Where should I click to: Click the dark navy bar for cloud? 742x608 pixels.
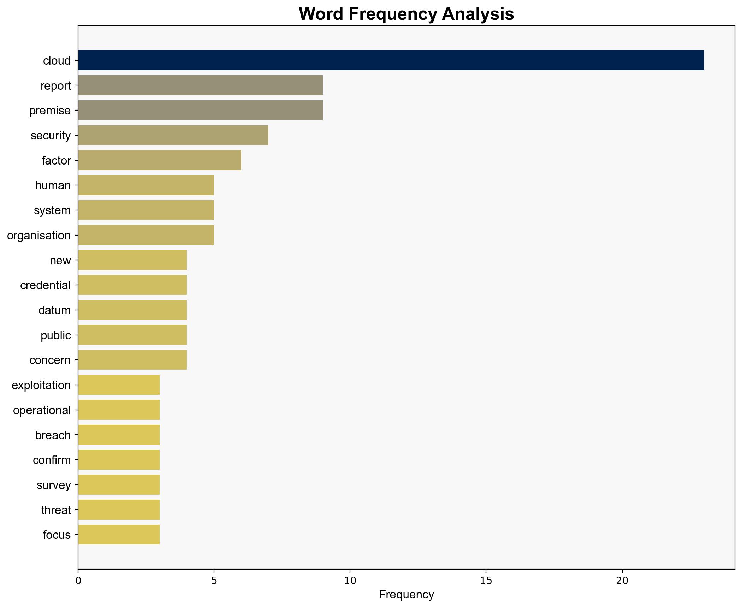391,60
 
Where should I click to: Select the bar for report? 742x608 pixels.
200,85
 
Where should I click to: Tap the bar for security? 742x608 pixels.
173,135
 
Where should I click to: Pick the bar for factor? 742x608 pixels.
160,160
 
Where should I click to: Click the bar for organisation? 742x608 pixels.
146,235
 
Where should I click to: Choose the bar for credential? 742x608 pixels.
132,285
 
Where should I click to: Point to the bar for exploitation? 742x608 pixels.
119,385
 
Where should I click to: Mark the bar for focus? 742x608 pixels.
119,535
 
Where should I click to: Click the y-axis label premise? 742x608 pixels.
50,111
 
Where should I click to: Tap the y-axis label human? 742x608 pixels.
53,185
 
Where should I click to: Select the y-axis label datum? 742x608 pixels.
54,310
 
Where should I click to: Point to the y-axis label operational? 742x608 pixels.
42,410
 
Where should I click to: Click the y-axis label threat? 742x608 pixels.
56,510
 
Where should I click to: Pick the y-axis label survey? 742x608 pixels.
54,485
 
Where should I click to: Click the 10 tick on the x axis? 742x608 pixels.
350,581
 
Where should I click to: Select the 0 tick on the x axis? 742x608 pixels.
78,581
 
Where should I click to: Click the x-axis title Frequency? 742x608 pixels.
406,595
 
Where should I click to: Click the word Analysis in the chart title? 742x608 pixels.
477,14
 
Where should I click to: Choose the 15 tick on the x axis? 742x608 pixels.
486,581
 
